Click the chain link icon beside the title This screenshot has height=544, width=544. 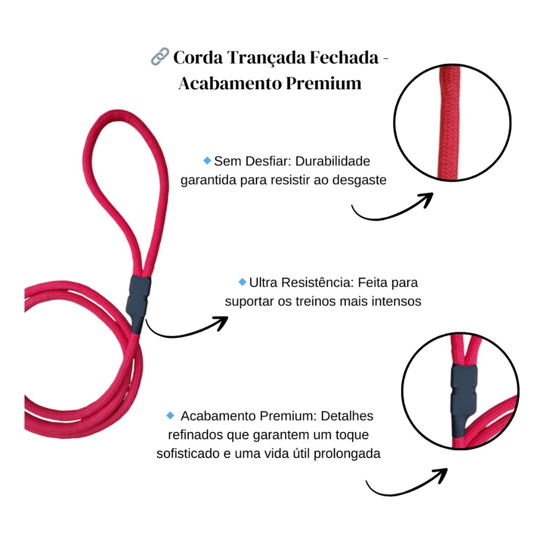pos(160,56)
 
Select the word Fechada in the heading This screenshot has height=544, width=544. pos(344,57)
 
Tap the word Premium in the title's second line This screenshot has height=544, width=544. pos(324,83)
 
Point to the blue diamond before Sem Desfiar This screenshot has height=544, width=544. pos(207,160)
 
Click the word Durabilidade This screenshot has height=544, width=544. pos(333,161)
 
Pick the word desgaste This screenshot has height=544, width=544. pos(359,181)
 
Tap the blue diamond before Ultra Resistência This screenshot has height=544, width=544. pos(242,282)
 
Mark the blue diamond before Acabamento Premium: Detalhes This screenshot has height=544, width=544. pos(171,415)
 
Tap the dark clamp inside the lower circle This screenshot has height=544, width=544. pos(464,399)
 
